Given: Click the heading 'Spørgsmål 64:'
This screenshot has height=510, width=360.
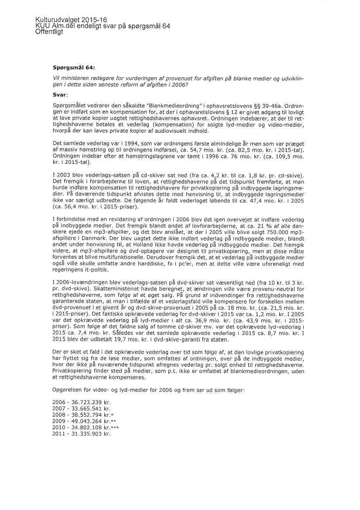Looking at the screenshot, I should click(73, 68).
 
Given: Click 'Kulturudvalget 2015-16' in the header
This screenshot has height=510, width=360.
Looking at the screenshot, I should click(71, 20).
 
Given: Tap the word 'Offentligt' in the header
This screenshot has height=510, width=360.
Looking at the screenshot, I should click(49, 32).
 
